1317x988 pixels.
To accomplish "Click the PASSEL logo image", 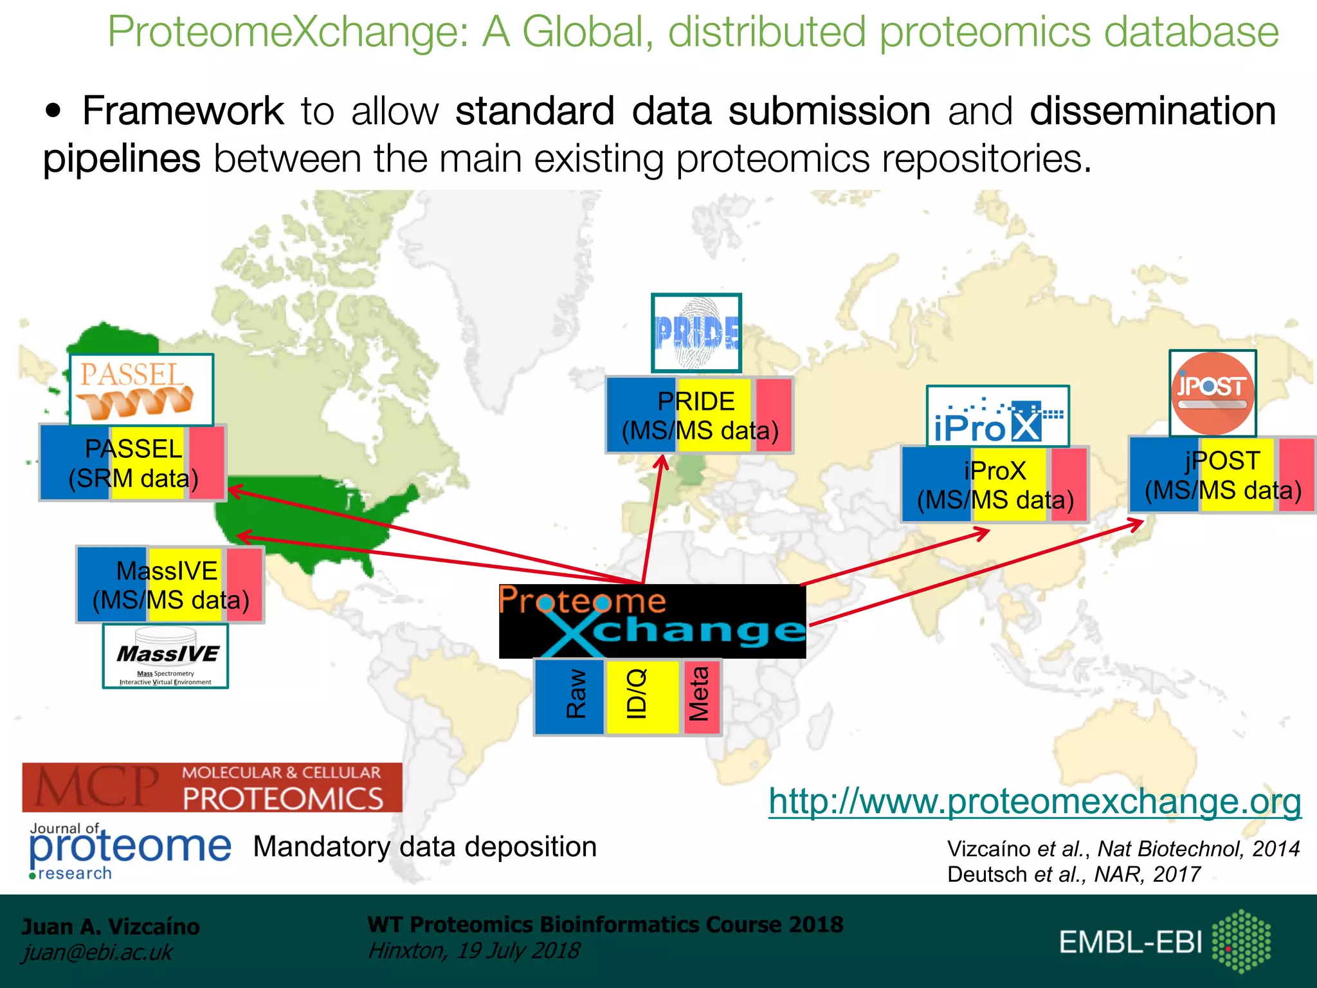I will [x=141, y=390].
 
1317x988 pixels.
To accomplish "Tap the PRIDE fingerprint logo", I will [x=696, y=333].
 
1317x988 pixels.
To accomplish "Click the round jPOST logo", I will [x=1213, y=393].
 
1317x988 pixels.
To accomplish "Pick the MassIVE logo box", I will [x=165, y=656].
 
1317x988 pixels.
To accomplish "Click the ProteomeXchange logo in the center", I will [x=652, y=621].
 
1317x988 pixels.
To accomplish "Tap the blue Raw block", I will [x=570, y=697].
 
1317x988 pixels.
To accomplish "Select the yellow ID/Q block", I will [x=642, y=697].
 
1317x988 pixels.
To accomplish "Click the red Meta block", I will [x=701, y=697].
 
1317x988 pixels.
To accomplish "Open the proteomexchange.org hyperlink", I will [x=1035, y=801].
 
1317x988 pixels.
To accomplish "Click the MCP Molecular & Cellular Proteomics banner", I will [x=212, y=787].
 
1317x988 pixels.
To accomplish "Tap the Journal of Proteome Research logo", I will [x=129, y=850].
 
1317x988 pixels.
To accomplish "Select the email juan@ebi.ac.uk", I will [x=97, y=952].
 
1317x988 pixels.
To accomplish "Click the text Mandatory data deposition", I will [x=424, y=846].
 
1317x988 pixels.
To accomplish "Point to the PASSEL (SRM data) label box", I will [x=132, y=463].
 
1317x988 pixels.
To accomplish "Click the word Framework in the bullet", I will [x=183, y=111].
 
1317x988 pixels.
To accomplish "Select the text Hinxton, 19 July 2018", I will [x=473, y=950].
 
